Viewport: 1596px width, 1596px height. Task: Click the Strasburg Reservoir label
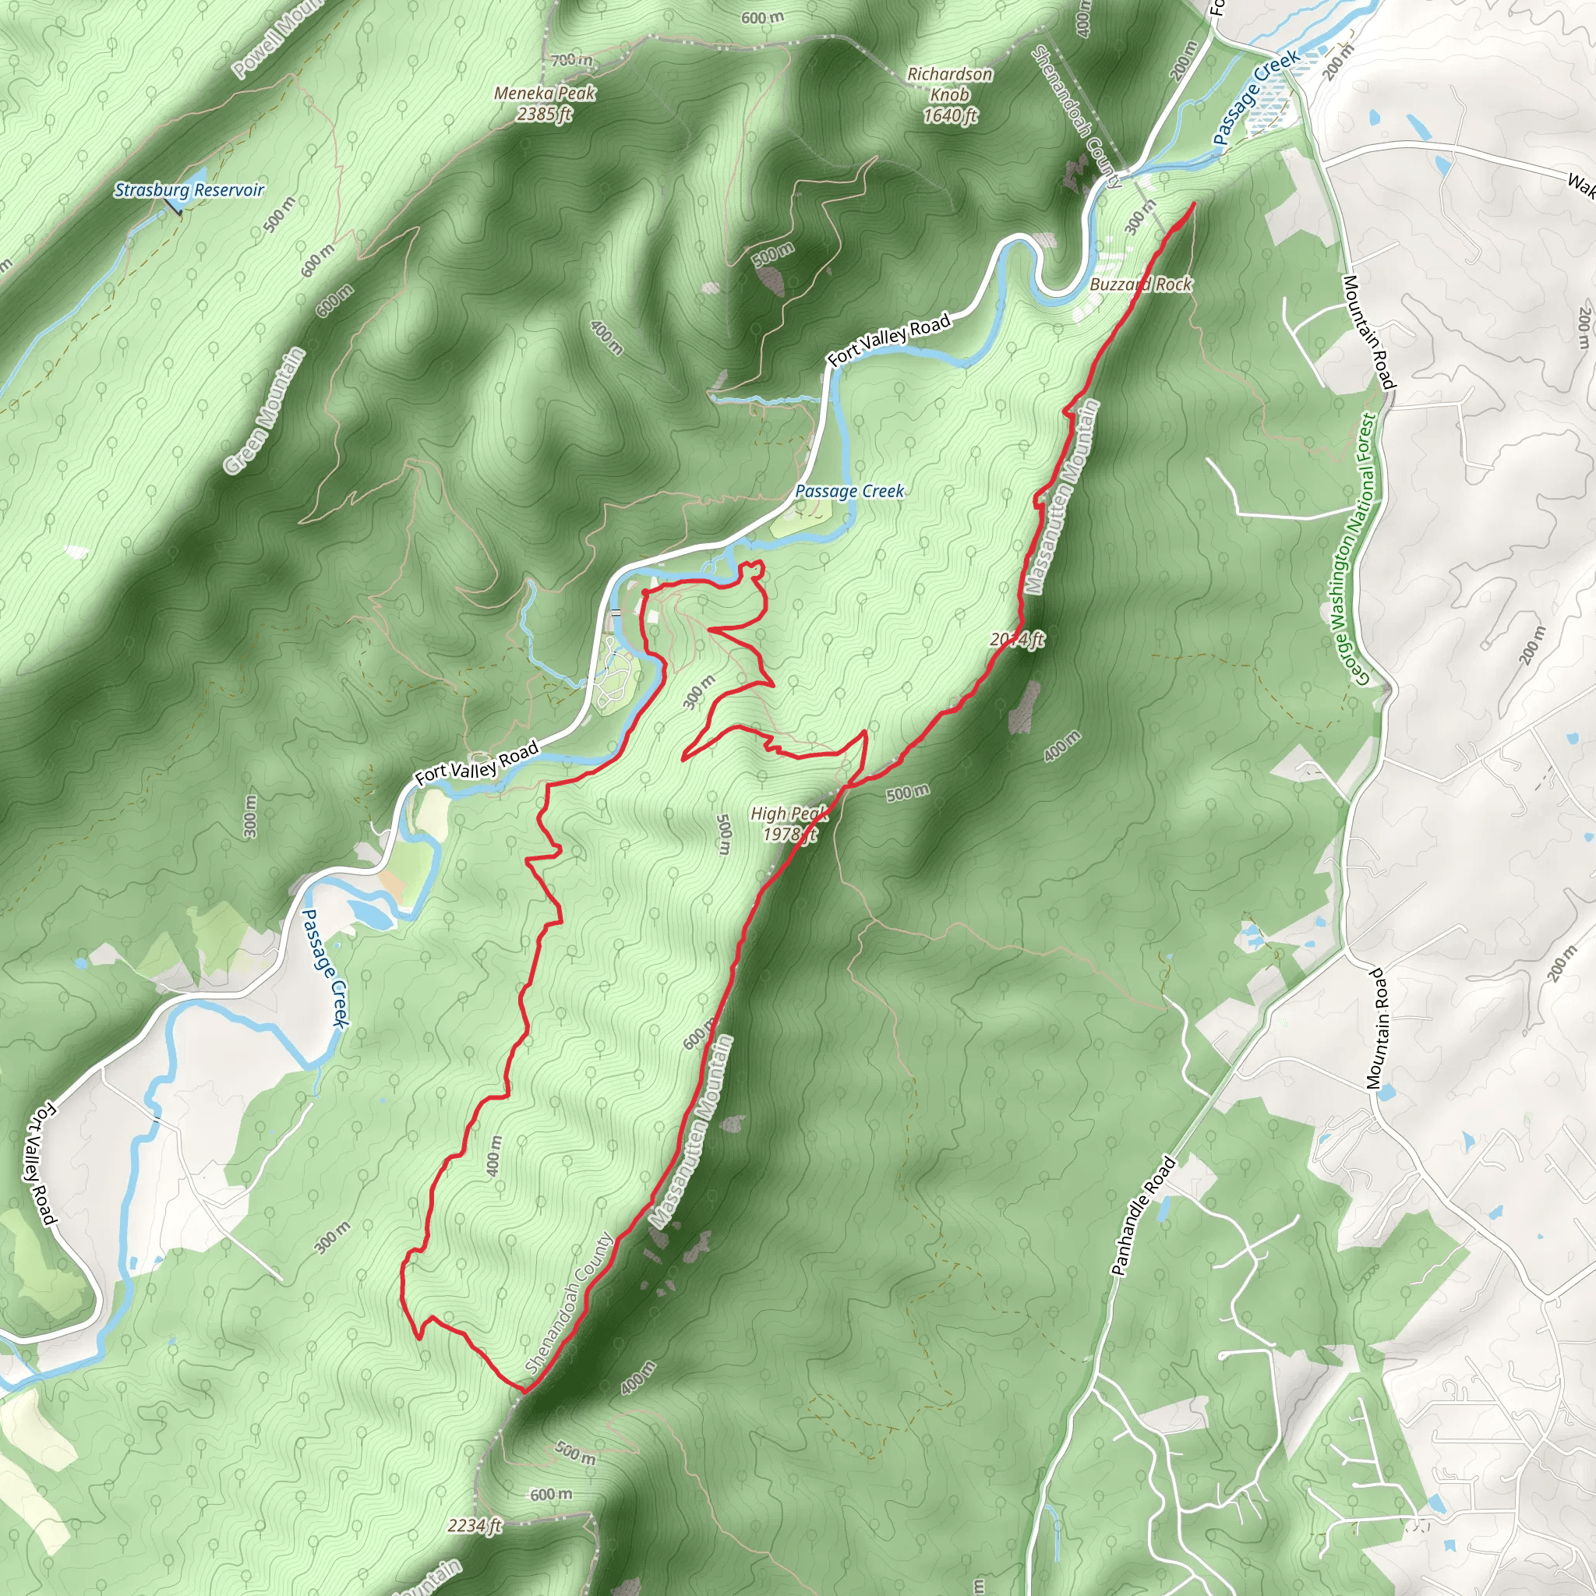[x=189, y=190]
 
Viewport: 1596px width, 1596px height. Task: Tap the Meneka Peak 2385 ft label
[x=545, y=104]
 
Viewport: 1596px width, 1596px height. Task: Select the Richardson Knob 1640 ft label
[x=950, y=95]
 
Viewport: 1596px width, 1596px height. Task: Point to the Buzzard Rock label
[x=1141, y=284]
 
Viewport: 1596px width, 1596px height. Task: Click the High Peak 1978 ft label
[x=789, y=824]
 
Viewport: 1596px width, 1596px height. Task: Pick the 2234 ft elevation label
[x=474, y=1526]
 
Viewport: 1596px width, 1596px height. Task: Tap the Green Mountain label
[x=264, y=411]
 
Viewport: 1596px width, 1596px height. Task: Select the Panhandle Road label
[x=1142, y=1216]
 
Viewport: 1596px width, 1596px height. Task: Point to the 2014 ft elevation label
[x=1017, y=639]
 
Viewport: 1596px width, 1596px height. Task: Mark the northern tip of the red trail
[x=1195, y=203]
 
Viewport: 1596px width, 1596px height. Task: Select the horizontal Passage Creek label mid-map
[x=849, y=491]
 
